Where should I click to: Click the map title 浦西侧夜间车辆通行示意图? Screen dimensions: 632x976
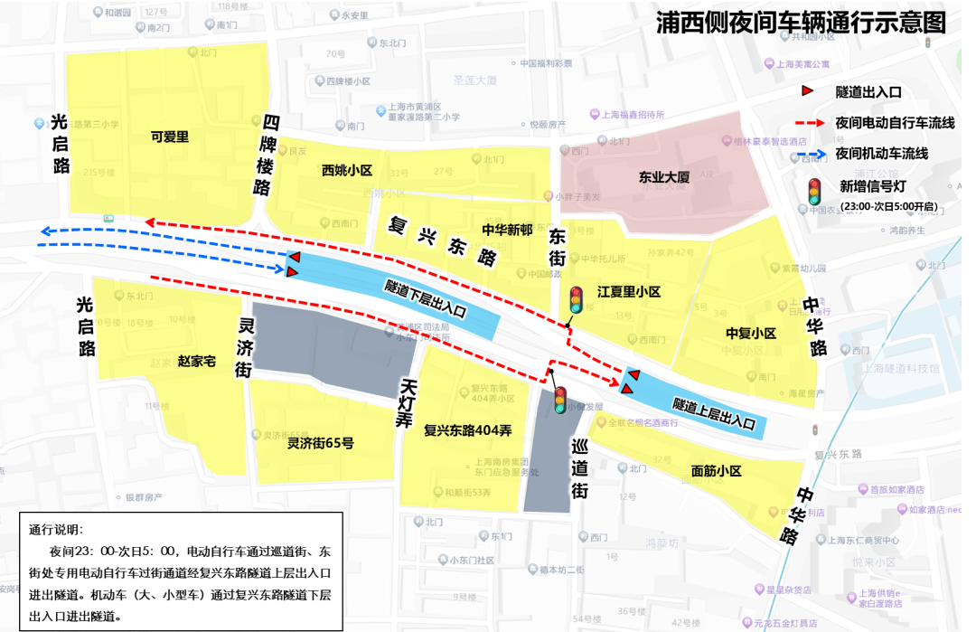tap(801, 23)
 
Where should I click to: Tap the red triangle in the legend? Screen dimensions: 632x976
tap(810, 90)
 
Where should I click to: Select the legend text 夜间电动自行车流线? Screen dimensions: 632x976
tap(895, 122)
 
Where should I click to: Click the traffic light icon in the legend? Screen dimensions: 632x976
tap(814, 191)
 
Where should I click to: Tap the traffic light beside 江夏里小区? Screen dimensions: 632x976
tap(576, 300)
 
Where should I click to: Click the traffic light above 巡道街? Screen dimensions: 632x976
tap(560, 399)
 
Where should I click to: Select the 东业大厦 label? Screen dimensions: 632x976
tap(664, 177)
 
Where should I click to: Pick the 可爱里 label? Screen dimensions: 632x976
tap(169, 137)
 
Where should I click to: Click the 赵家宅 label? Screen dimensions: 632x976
tap(196, 362)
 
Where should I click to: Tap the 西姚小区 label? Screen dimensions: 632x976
tap(346, 170)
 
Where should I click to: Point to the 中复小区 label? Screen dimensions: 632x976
tap(751, 334)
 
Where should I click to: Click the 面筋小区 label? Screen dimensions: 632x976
tap(716, 471)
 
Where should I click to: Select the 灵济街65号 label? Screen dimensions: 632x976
tap(320, 443)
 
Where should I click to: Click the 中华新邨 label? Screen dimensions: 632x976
tap(507, 230)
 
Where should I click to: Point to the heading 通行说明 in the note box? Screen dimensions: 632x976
tap(55, 530)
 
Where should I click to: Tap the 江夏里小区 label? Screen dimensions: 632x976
tap(629, 292)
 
